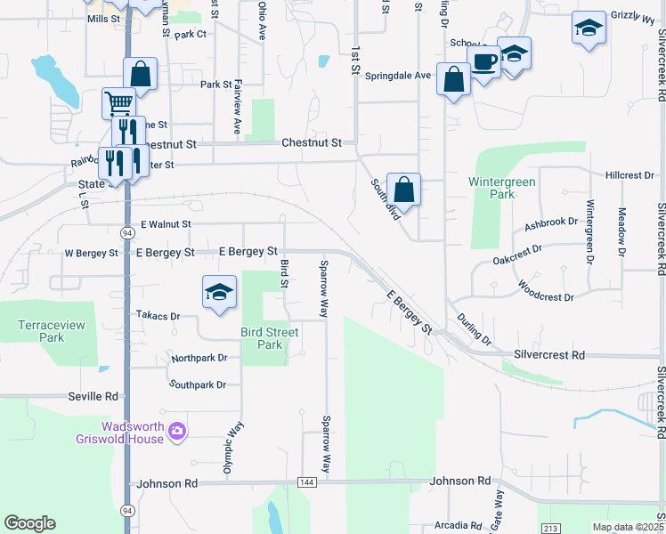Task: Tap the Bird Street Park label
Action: coord(269,338)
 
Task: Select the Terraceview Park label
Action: coord(52,331)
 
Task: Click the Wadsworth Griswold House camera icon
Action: coord(177,431)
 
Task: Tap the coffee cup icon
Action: coord(483,61)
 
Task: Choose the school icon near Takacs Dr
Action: coord(219,292)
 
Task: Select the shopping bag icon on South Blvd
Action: coord(403,189)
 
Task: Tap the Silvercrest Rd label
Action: coord(548,354)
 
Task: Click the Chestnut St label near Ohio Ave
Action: coord(312,142)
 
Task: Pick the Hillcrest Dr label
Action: coord(629,175)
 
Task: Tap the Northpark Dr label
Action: coord(199,358)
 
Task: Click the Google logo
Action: coord(29,523)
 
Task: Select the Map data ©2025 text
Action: coord(629,527)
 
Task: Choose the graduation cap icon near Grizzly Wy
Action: coord(588,28)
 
